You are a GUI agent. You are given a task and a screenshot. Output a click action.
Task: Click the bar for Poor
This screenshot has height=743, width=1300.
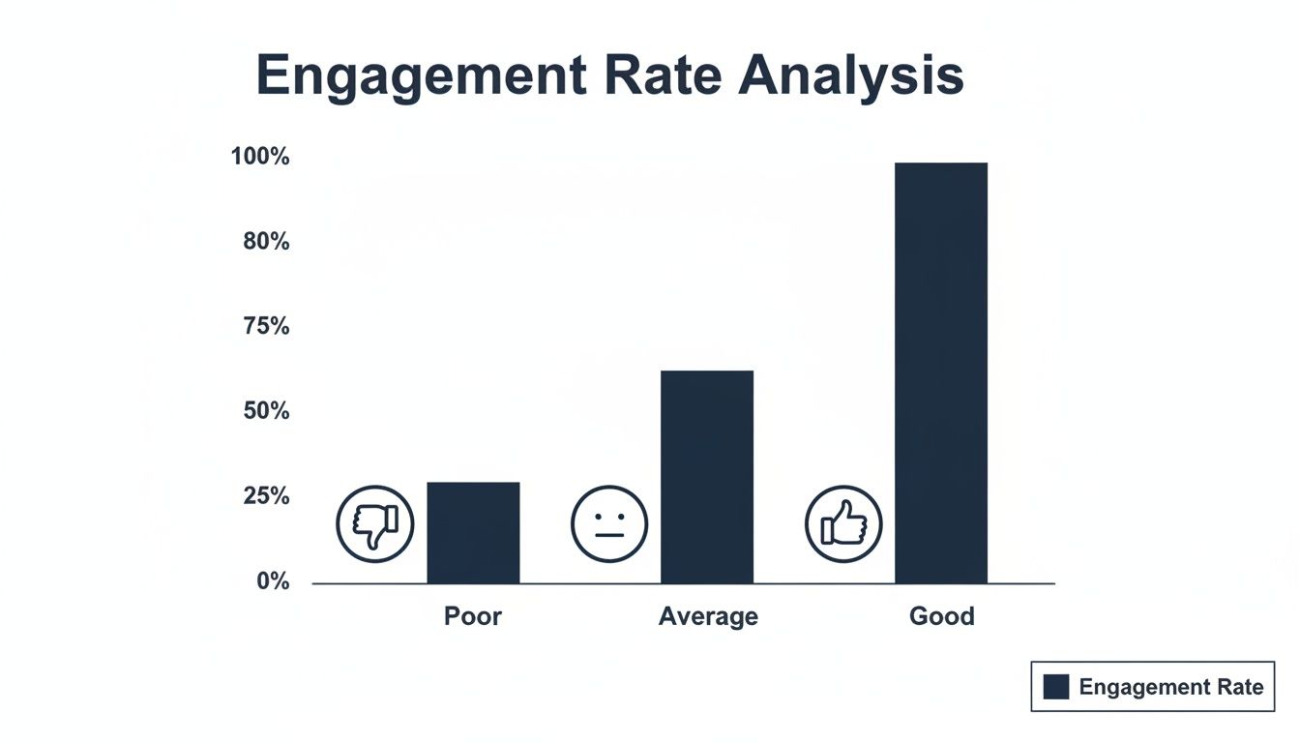473,533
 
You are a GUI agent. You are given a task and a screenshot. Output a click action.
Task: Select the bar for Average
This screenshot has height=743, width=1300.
707,477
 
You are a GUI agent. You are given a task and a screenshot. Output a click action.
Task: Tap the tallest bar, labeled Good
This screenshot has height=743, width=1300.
941,373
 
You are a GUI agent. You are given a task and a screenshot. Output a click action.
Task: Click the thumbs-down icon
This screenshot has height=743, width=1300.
374,524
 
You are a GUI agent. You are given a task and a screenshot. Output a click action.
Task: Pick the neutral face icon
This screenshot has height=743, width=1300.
609,524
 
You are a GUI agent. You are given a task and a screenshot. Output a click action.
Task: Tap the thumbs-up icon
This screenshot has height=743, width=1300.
843,524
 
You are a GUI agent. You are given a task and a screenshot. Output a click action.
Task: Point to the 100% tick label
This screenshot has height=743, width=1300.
260,157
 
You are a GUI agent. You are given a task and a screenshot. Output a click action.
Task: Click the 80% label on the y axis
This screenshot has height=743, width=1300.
266,242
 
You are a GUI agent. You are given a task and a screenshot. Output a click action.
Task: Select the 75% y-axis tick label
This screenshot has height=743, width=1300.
266,327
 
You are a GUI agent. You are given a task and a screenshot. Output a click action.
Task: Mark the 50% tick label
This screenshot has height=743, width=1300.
266,411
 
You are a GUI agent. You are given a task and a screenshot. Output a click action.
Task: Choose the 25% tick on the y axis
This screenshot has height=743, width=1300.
266,496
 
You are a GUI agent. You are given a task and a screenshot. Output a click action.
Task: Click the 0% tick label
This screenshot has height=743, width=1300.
272,581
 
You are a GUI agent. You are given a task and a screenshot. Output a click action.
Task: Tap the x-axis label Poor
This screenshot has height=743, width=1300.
473,616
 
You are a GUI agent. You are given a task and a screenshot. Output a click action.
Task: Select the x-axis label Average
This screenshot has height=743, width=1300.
708,616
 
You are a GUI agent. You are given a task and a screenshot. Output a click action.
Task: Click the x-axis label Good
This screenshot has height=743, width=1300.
941,616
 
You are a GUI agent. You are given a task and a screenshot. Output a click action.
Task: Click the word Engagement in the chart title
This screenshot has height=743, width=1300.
421,76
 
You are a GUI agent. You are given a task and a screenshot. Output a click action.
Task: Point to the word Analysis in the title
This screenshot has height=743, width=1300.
851,76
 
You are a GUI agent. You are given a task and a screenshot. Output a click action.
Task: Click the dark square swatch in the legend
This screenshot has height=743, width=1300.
1056,687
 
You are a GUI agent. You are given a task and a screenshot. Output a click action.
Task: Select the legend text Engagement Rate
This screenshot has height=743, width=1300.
1170,687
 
